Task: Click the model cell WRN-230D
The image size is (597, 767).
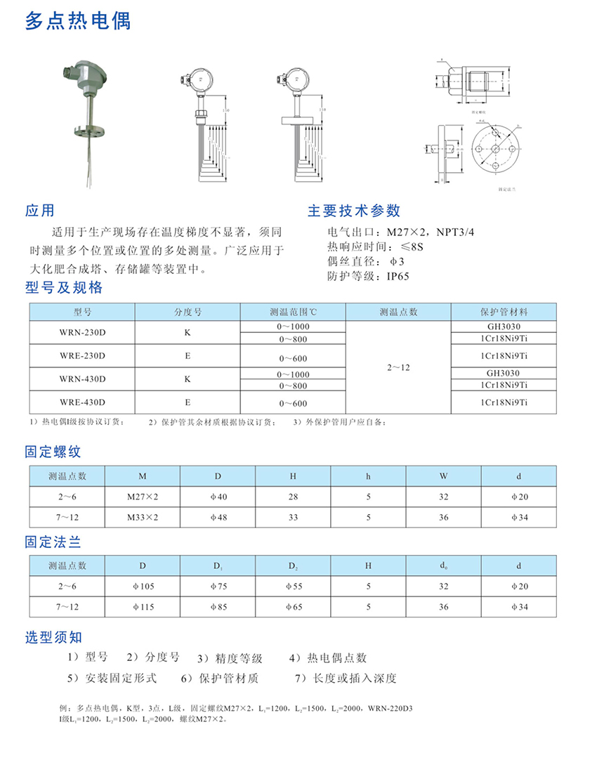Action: click(x=82, y=332)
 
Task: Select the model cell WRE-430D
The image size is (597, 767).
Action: click(x=82, y=402)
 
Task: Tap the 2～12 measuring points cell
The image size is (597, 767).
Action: click(x=398, y=367)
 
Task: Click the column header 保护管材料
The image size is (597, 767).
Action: click(x=504, y=312)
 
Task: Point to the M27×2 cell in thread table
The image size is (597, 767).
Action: click(x=143, y=497)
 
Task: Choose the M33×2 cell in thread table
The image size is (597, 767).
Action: click(x=143, y=518)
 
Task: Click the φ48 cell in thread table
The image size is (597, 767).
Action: click(x=218, y=518)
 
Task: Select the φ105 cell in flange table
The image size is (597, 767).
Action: click(x=143, y=586)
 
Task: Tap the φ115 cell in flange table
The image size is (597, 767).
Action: click(x=143, y=607)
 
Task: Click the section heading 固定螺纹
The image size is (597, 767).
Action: click(x=53, y=453)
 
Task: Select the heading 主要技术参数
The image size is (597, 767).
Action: click(x=354, y=211)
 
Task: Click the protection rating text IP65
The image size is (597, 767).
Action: click(x=398, y=276)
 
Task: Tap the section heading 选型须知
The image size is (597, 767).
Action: click(x=53, y=637)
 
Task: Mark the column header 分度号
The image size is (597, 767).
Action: click(x=188, y=312)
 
